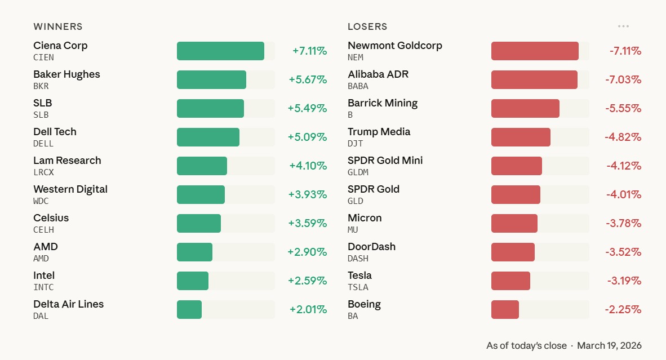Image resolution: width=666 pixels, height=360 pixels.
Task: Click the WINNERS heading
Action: point(58,26)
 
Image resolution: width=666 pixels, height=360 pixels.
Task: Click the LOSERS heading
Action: point(367,26)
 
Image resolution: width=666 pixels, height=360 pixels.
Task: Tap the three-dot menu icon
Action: point(623,26)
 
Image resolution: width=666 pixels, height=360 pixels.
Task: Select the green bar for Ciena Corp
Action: point(220,51)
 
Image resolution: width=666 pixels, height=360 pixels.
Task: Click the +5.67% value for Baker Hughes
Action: point(308,79)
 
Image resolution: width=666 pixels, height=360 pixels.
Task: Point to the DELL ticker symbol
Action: point(43,144)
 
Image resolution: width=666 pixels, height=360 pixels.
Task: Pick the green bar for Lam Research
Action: point(202,166)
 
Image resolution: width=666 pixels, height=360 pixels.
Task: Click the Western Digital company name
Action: point(70,189)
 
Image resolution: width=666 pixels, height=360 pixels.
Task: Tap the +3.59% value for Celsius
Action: point(308,223)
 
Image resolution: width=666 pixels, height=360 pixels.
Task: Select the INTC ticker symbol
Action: point(43,287)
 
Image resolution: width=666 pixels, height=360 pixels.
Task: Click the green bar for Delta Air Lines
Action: point(189,309)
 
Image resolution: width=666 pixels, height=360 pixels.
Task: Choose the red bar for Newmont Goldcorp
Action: point(535,51)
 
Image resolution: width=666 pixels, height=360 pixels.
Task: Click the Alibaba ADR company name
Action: point(378,74)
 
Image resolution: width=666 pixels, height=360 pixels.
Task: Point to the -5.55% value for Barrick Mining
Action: point(623,108)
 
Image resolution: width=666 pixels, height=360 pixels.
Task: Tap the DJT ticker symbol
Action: point(356,144)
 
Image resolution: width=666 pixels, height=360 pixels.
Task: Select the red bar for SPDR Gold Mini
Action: point(517,166)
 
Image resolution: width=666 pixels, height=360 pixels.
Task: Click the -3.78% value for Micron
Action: point(623,223)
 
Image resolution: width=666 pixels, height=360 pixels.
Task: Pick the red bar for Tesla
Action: point(510,281)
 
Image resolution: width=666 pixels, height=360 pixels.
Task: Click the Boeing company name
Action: point(364,304)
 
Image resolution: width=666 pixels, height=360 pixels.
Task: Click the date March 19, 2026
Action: point(609,345)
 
